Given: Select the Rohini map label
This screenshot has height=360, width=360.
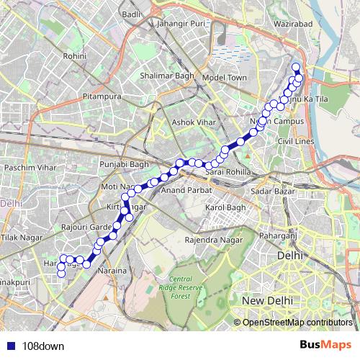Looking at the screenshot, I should [x=75, y=55].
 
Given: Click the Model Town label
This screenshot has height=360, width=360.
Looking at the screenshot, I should [x=224, y=77].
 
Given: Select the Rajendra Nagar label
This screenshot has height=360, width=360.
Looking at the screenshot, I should [x=210, y=239].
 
